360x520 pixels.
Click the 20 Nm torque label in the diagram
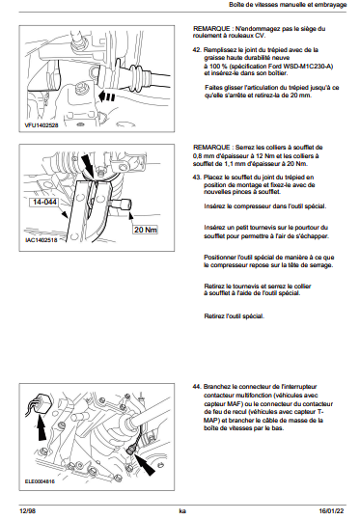(146, 230)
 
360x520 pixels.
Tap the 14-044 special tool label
(44, 202)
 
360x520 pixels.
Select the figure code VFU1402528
(42, 125)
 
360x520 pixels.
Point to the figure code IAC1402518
(42, 240)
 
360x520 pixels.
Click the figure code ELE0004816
(40, 481)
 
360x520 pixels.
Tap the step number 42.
(197, 50)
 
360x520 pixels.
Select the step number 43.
(197, 178)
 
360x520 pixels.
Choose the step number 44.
(197, 387)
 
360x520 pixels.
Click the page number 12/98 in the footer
(28, 511)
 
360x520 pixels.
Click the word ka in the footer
(182, 511)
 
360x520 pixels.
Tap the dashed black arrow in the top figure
(107, 96)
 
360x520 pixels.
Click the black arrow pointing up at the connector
(42, 427)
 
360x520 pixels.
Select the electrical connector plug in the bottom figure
(42, 404)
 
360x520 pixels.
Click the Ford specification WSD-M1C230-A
(308, 66)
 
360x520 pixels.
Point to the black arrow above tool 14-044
(88, 164)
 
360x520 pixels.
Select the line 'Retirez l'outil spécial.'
(234, 316)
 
